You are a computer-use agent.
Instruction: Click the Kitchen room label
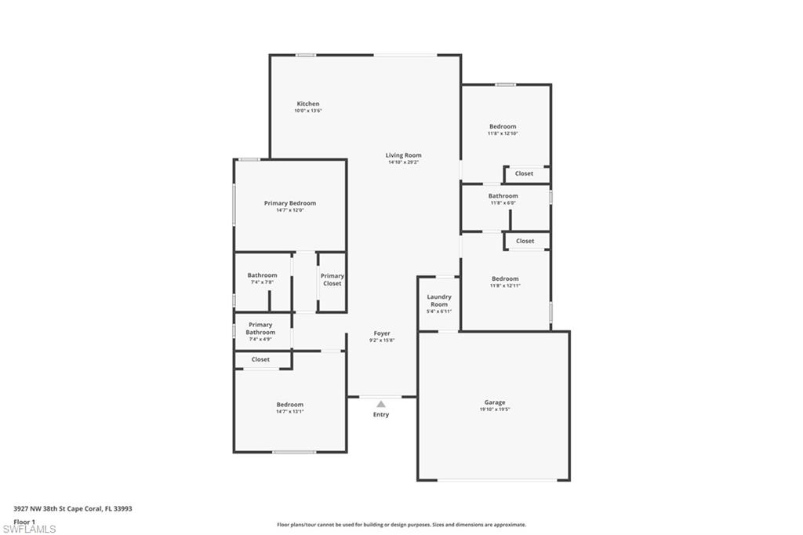point(307,104)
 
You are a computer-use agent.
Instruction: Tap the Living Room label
point(403,155)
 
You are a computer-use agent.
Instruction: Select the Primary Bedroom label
point(289,203)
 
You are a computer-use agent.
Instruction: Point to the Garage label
point(494,402)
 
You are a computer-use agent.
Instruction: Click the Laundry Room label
point(439,300)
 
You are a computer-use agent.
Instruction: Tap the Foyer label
point(381,333)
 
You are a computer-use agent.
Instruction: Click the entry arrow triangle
point(381,404)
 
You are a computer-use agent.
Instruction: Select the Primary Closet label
point(332,279)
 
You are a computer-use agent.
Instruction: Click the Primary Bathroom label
point(260,328)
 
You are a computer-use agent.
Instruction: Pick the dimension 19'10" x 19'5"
point(495,409)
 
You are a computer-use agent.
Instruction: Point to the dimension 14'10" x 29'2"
point(403,162)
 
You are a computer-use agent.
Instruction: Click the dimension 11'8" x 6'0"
point(503,202)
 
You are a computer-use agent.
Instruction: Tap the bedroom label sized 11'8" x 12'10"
point(503,126)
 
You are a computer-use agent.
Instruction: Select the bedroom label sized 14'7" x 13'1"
point(289,405)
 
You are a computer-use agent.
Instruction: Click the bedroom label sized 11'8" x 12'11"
point(505,278)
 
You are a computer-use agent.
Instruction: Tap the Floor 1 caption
point(24,521)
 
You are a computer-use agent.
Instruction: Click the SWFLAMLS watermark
point(29,529)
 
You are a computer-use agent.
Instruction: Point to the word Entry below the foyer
point(380,414)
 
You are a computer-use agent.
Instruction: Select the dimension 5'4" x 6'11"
point(439,311)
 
